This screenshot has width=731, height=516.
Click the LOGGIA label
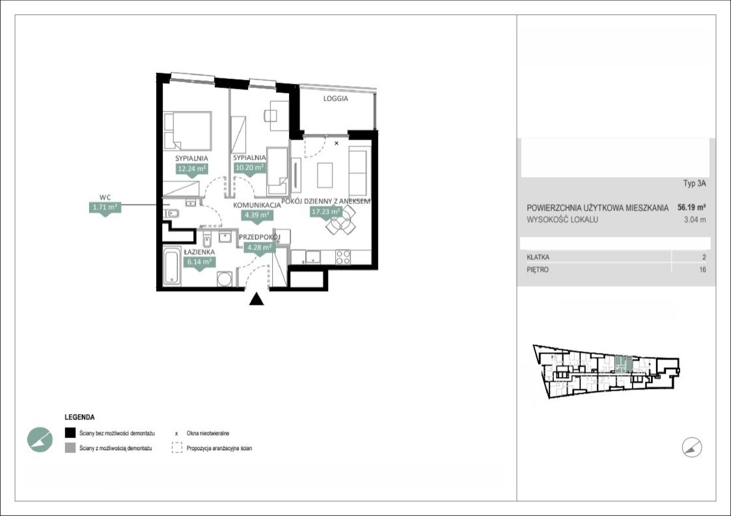pos(335,99)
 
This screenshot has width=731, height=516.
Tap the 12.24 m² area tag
pos(192,169)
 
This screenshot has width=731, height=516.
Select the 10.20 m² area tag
pos(249,168)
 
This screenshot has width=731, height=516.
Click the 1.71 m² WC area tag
pos(105,207)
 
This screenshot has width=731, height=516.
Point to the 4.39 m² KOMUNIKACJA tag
pos(257,215)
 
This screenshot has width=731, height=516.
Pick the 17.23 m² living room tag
pos(326,212)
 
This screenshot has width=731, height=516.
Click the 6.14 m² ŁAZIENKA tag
pos(199,262)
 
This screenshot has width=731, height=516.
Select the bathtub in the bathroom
pos(172,266)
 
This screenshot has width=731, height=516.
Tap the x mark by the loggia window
pos(336,143)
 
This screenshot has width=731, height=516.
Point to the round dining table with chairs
pos(341,220)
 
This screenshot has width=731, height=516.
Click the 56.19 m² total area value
pos(692,207)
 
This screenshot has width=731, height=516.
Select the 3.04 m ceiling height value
pos(695,220)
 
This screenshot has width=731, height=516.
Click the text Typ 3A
pos(695,183)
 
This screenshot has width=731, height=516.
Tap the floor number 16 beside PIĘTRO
pos(703,270)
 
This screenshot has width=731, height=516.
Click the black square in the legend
pos(70,433)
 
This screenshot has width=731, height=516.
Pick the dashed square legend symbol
pos(177,448)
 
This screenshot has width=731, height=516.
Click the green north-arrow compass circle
pos(40,440)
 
